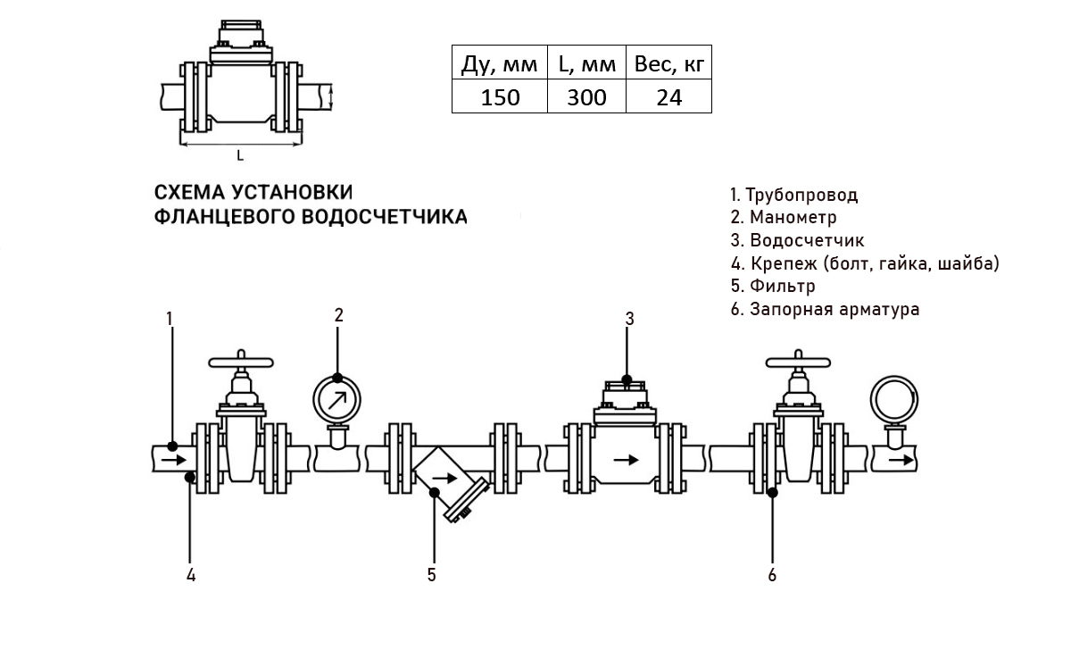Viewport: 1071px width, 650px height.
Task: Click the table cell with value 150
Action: [x=500, y=97]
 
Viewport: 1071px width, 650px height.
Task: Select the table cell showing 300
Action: [x=586, y=97]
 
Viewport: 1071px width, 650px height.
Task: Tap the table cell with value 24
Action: [x=668, y=97]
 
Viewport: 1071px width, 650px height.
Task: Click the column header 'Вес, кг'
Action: [x=668, y=65]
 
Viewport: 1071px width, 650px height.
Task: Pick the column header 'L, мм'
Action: [x=586, y=65]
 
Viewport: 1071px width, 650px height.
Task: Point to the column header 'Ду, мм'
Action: [x=500, y=65]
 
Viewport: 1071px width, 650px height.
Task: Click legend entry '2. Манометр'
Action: [x=783, y=217]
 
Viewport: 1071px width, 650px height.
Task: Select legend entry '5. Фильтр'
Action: [x=772, y=287]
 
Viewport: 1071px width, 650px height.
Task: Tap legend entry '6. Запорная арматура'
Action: [x=824, y=310]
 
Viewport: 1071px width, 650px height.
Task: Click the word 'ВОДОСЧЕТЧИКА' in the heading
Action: [x=385, y=217]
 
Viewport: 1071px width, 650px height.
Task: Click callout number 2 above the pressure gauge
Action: [x=339, y=314]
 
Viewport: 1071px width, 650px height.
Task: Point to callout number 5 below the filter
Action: [x=431, y=574]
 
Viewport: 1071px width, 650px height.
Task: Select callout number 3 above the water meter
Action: [x=629, y=318]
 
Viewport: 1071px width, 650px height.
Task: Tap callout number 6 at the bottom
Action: [x=772, y=574]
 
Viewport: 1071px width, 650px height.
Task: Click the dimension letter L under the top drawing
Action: [x=240, y=155]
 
